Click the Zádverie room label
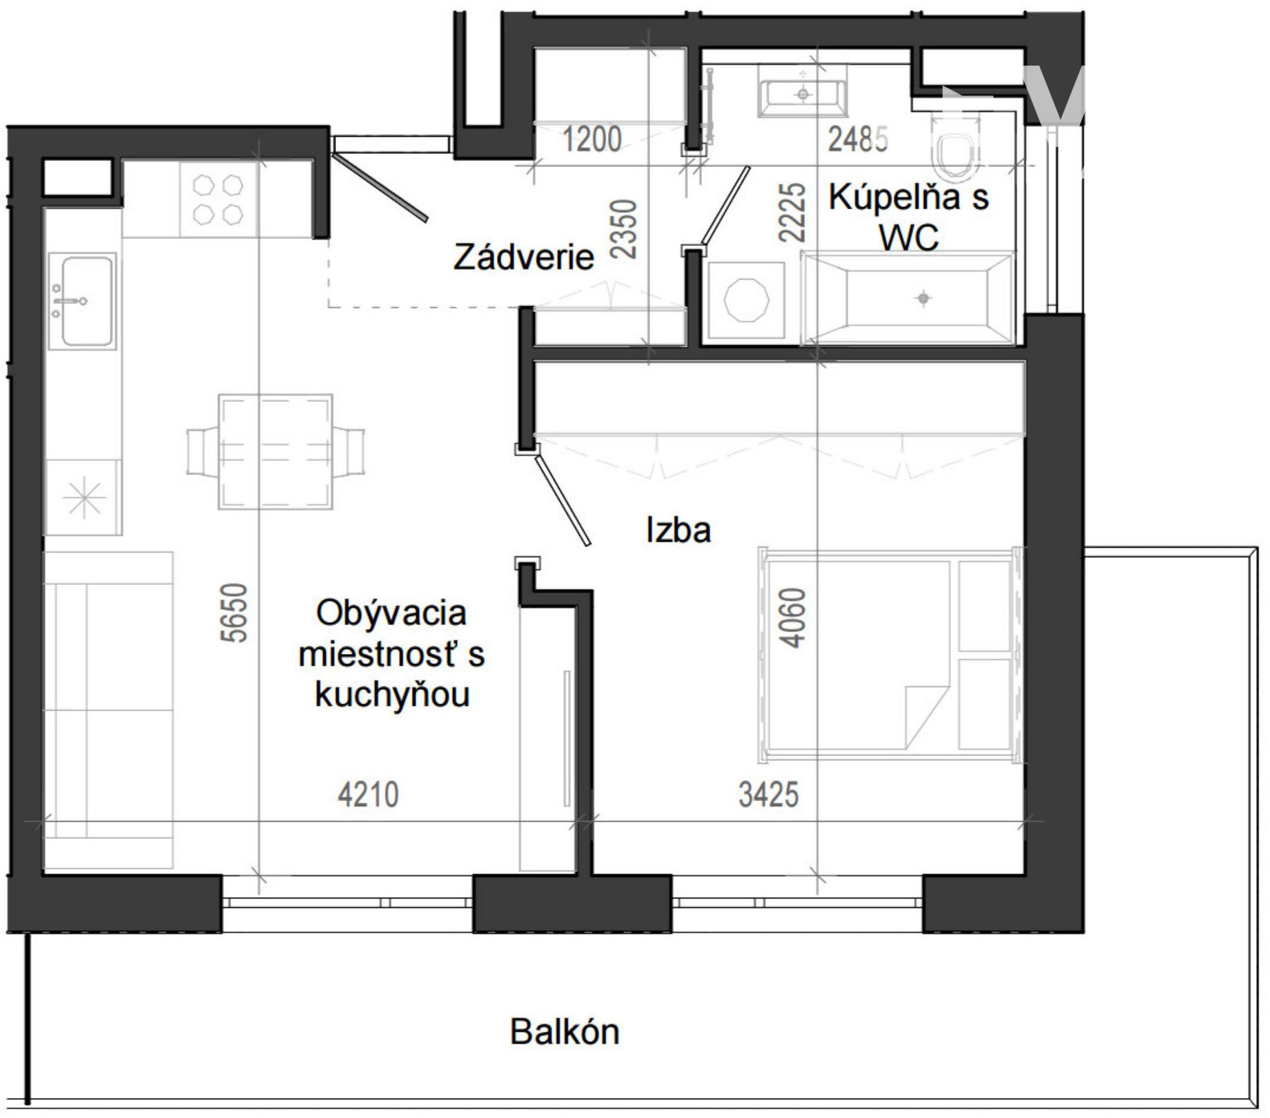[x=523, y=258]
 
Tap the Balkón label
[x=565, y=1032]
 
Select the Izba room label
[x=678, y=530]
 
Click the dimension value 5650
[x=235, y=613]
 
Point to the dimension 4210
[x=368, y=795]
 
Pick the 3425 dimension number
[x=768, y=795]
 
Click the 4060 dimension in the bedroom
[x=792, y=618]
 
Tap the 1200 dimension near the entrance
[x=592, y=139]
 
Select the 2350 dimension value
[x=625, y=229]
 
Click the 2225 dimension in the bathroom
[x=792, y=212]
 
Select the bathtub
[x=908, y=298]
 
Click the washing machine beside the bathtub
[x=745, y=301]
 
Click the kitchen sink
[x=81, y=301]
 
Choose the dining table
[x=275, y=452]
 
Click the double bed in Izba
[x=890, y=655]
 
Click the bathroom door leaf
[x=725, y=205]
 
